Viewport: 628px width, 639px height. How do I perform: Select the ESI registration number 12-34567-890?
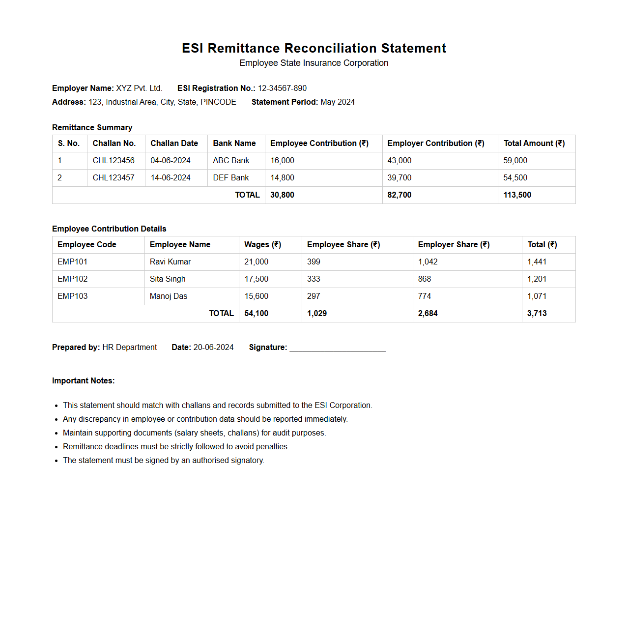pos(282,88)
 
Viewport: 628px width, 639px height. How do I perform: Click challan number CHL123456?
pos(114,161)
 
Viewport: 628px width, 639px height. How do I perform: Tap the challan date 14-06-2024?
pos(171,178)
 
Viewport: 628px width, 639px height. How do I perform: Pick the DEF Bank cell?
pos(231,178)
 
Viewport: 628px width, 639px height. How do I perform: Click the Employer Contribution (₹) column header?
pos(436,144)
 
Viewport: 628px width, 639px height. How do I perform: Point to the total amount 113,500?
pos(517,195)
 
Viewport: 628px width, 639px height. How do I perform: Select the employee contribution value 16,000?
pos(282,161)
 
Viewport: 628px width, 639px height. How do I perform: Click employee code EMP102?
pos(73,279)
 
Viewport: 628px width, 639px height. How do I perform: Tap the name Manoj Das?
pos(169,296)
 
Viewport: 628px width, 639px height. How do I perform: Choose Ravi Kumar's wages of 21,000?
pos(257,262)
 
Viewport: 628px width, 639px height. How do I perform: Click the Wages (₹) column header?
pos(263,245)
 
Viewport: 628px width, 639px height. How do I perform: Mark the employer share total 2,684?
pos(428,314)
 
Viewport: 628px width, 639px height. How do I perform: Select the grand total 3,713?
pos(537,314)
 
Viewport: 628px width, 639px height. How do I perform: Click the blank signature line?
pos(338,349)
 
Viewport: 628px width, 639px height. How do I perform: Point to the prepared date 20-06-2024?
pos(213,348)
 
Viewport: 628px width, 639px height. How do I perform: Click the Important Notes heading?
pos(83,381)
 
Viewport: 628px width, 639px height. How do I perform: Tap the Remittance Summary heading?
pos(92,128)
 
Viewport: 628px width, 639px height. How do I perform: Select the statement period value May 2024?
pos(338,102)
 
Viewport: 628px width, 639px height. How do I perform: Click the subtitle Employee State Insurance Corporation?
pos(314,63)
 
